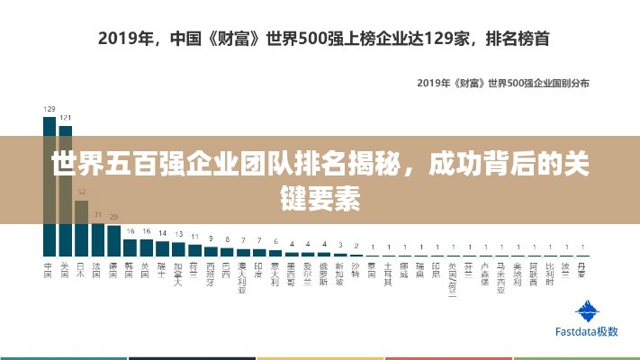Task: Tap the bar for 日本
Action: pyautogui.click(x=81, y=225)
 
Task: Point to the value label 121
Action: pyautogui.click(x=65, y=117)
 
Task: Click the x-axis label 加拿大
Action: pyautogui.click(x=178, y=274)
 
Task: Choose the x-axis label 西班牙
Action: pyautogui.click(x=211, y=274)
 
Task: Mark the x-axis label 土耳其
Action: pyautogui.click(x=389, y=274)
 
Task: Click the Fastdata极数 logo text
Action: pyautogui.click(x=587, y=331)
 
